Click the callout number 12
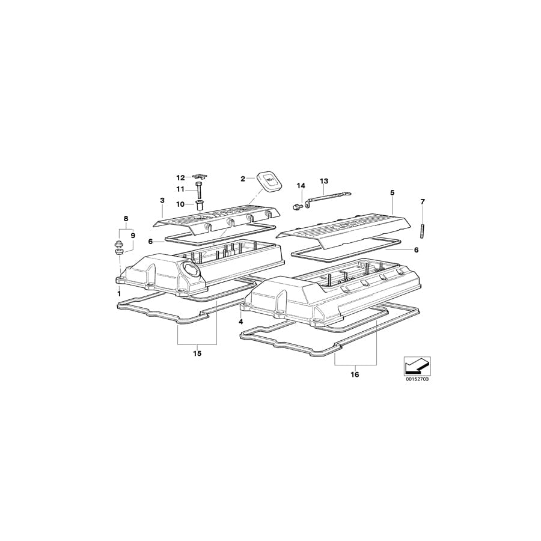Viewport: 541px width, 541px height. click(x=181, y=178)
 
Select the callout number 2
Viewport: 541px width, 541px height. click(x=243, y=179)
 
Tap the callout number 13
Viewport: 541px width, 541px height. click(x=324, y=181)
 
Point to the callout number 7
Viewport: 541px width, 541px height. click(x=423, y=201)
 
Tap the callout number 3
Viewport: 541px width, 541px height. click(x=162, y=200)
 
